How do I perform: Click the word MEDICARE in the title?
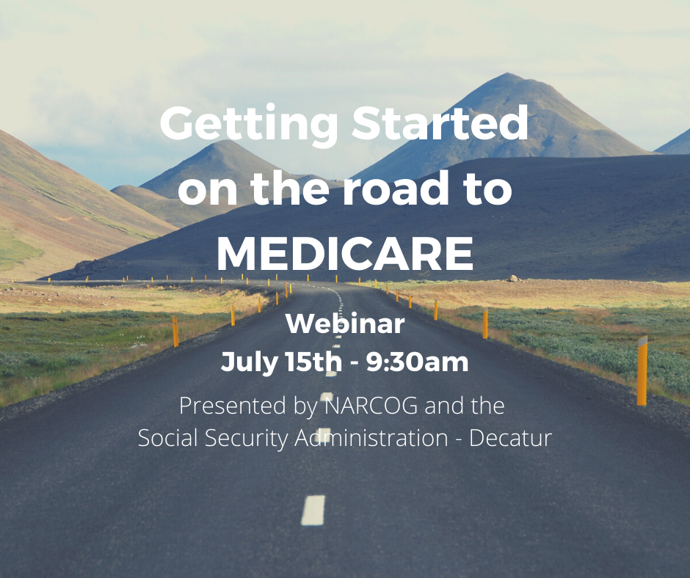pyautogui.click(x=345, y=254)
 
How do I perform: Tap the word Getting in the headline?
pyautogui.click(x=249, y=124)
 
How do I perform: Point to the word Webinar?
pyautogui.click(x=345, y=323)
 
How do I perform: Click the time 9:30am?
pyautogui.click(x=417, y=362)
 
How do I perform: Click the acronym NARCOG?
pyautogui.click(x=371, y=406)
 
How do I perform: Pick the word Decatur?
pyautogui.click(x=510, y=438)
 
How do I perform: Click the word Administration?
pyautogui.click(x=371, y=438)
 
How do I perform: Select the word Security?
pyautogui.click(x=247, y=439)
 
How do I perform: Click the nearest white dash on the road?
pyautogui.click(x=313, y=511)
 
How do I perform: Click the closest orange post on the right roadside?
pyautogui.click(x=642, y=370)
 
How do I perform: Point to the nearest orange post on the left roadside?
pyautogui.click(x=175, y=332)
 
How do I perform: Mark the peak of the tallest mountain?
pyautogui.click(x=508, y=73)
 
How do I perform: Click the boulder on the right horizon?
pyautogui.click(x=513, y=278)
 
